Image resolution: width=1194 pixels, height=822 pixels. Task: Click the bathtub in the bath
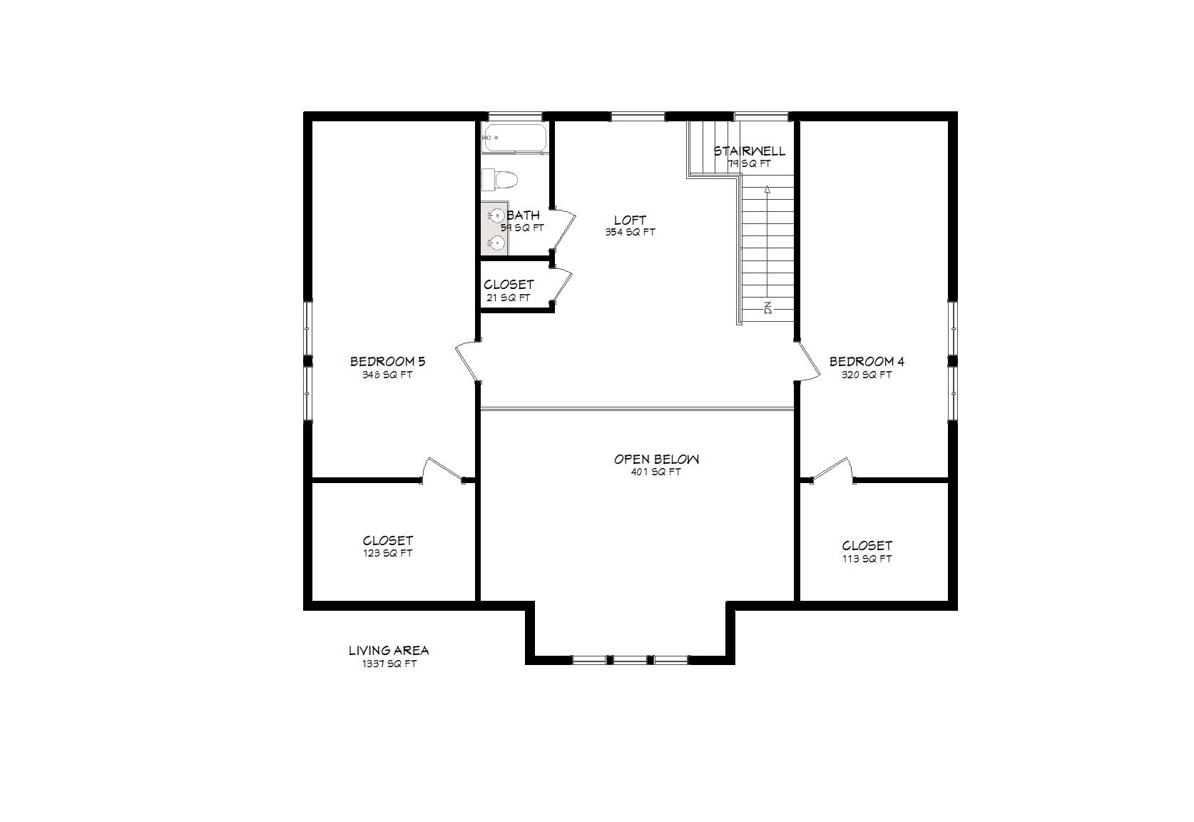coord(514,138)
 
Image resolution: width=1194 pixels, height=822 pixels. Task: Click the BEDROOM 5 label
coord(387,362)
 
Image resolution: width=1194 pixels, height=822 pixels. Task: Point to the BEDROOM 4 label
coord(867,362)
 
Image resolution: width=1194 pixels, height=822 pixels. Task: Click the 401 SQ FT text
coord(655,472)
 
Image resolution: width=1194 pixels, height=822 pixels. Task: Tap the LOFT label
coord(630,220)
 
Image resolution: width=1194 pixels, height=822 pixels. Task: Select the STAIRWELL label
coord(749,151)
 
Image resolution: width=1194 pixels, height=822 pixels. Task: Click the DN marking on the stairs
coord(768,308)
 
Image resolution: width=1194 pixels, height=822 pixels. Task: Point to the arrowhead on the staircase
coord(767,191)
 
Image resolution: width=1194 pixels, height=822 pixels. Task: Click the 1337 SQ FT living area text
coord(389,664)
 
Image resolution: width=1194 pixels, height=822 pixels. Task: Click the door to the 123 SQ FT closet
coord(442,468)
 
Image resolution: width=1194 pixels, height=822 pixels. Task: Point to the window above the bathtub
coord(515,116)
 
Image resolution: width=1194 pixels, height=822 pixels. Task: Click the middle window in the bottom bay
coord(630,660)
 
